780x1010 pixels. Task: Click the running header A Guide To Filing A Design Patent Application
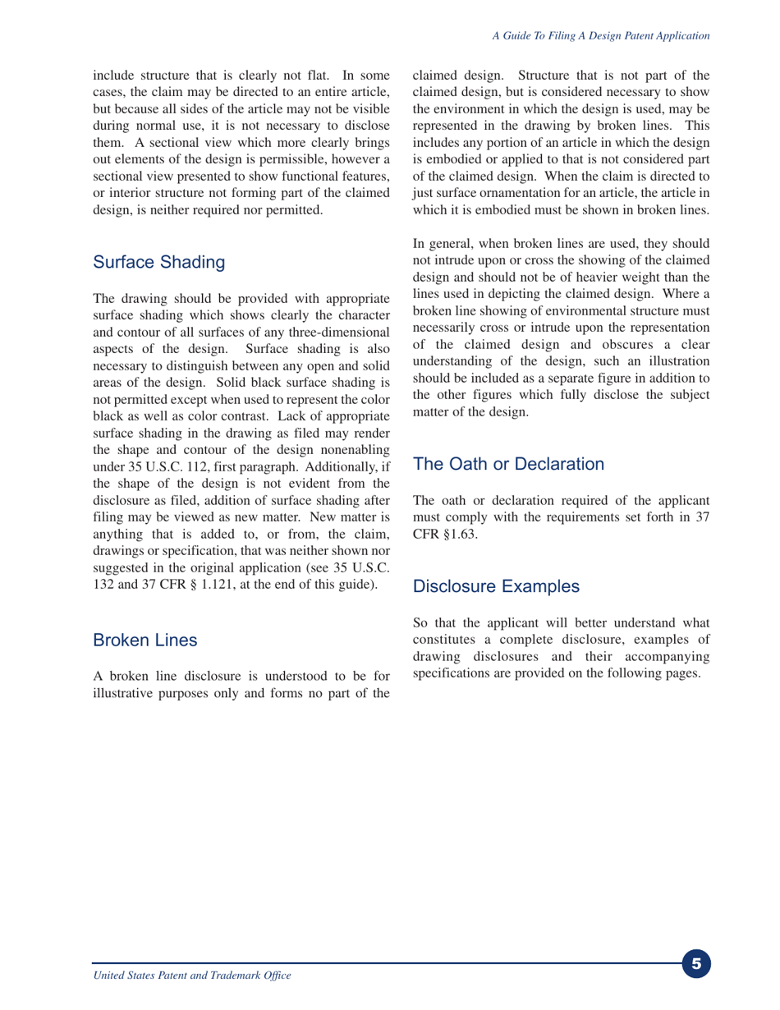pyautogui.click(x=600, y=36)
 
